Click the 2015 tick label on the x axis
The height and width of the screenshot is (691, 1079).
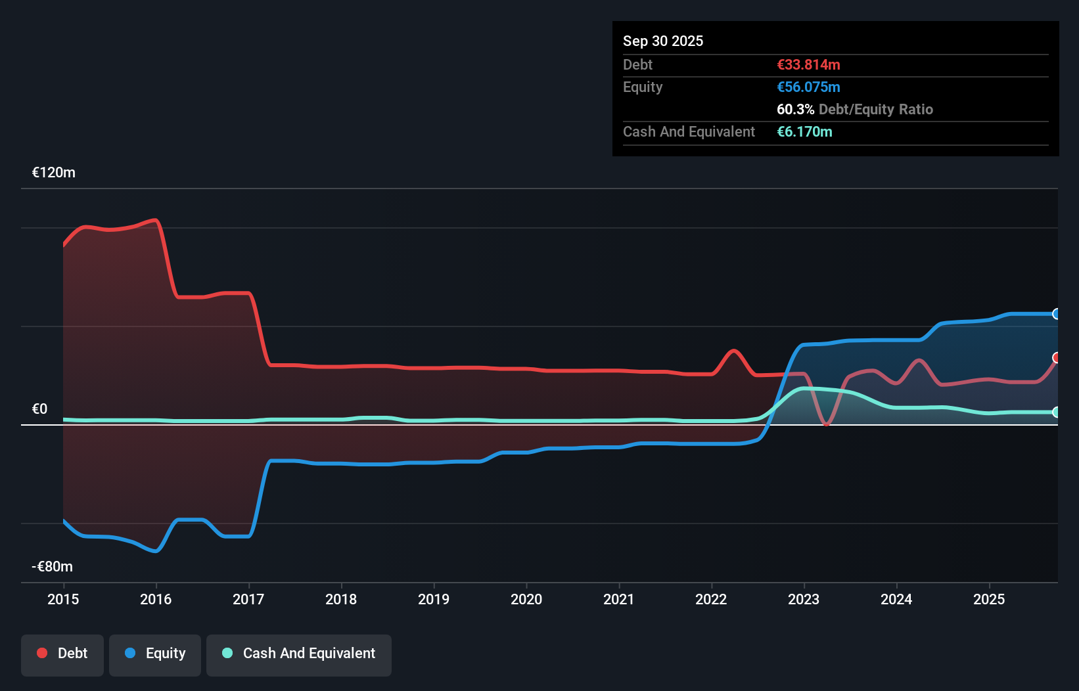point(63,599)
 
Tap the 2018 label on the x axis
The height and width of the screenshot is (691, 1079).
point(341,599)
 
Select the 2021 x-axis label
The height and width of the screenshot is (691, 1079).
point(619,599)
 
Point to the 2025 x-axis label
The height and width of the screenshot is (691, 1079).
point(989,599)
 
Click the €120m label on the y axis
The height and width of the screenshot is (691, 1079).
point(54,173)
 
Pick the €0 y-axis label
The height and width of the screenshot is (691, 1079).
point(39,409)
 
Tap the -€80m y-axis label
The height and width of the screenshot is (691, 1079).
point(52,567)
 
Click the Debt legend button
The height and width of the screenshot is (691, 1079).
point(62,654)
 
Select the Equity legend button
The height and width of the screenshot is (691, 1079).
point(155,654)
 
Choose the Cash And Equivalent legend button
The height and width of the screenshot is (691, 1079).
point(299,654)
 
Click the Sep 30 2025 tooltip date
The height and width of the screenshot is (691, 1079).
point(663,41)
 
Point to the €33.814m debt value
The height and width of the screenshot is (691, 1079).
point(808,65)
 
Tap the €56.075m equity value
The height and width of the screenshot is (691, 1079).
point(808,87)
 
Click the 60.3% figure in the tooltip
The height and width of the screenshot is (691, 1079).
point(795,110)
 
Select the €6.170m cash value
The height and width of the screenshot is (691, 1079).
point(804,132)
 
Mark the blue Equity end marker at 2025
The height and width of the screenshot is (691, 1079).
point(1056,314)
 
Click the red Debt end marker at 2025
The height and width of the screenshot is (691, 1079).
point(1056,358)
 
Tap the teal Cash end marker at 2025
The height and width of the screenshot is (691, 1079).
point(1056,412)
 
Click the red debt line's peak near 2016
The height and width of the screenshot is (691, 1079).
point(156,220)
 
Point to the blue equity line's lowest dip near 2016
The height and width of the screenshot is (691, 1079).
point(156,551)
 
